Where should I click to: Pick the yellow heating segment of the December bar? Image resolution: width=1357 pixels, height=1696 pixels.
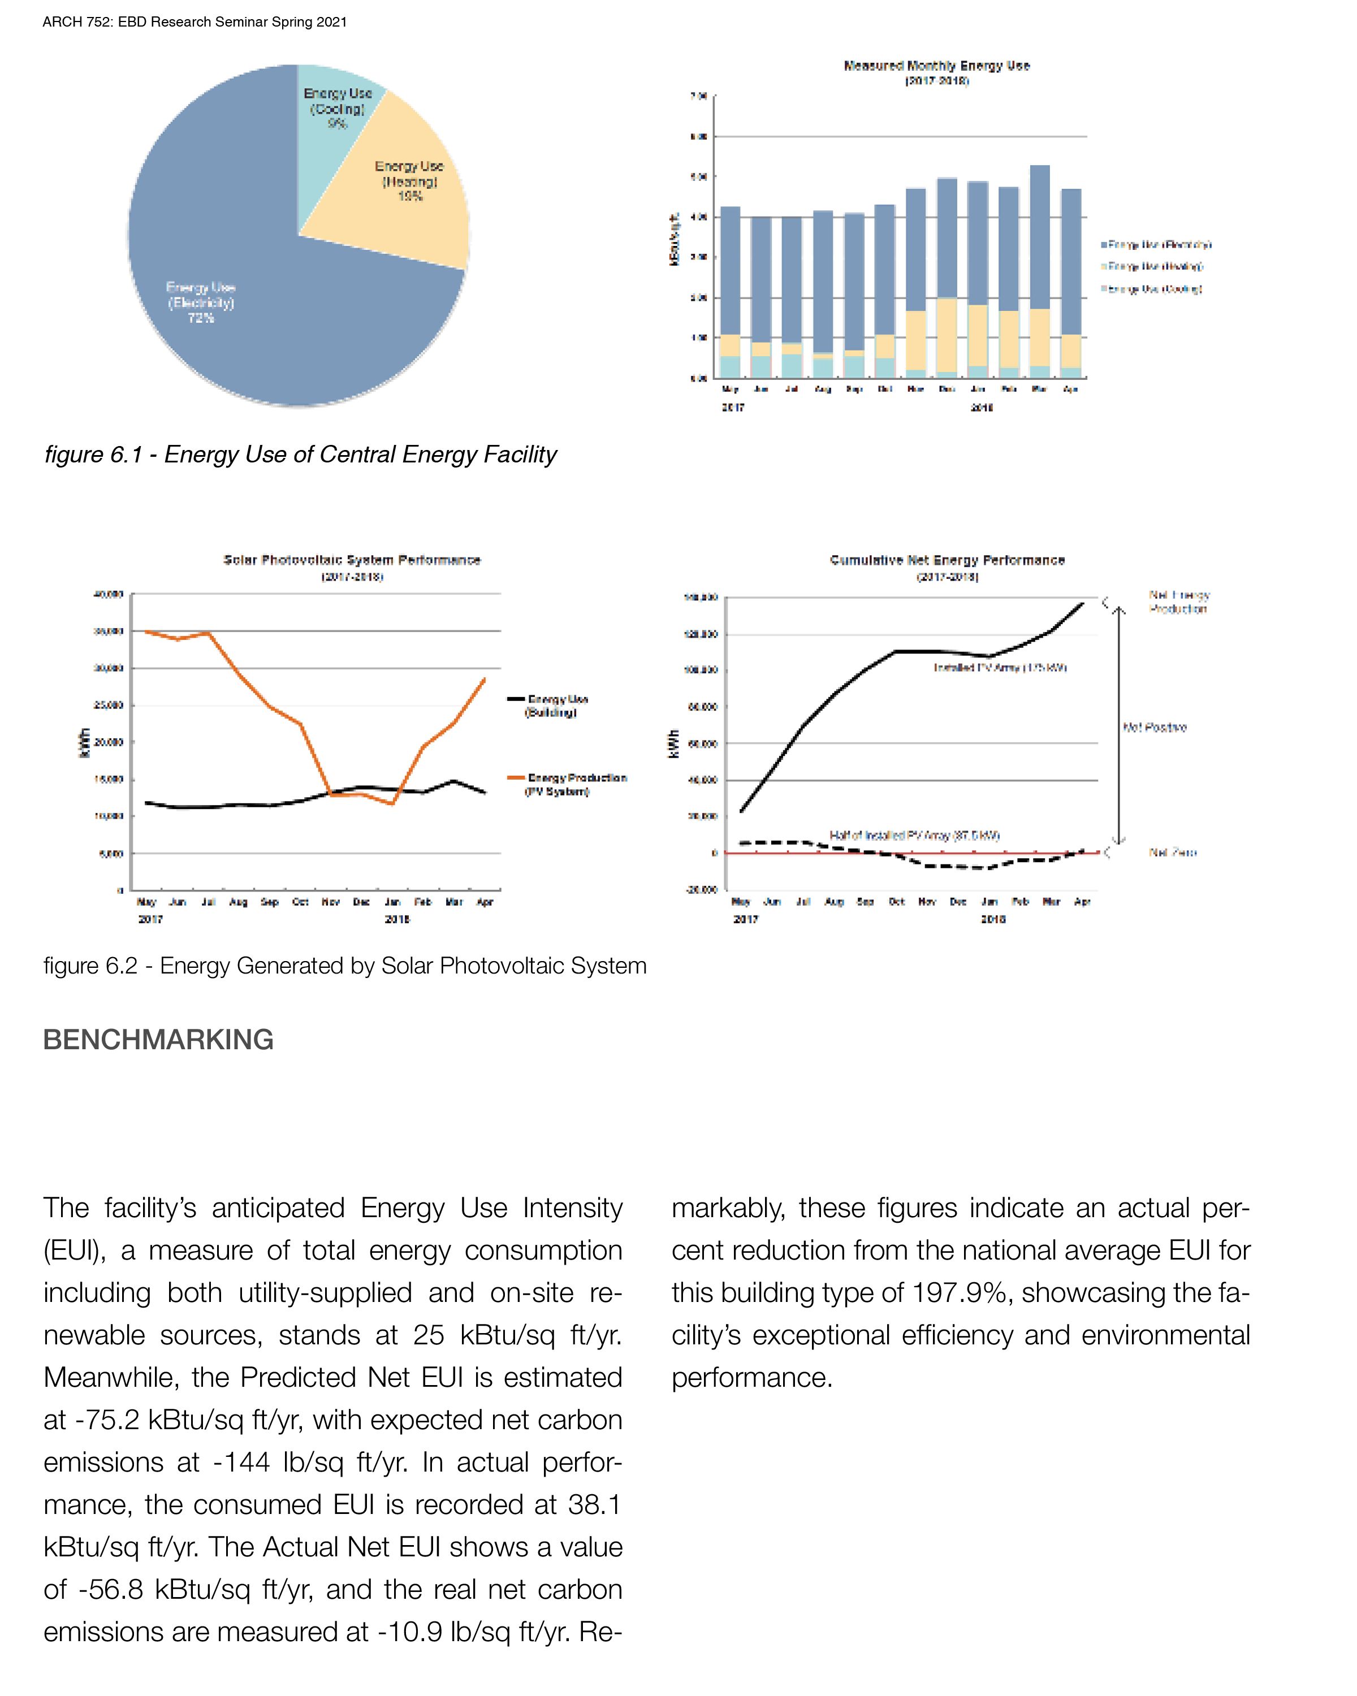tap(947, 334)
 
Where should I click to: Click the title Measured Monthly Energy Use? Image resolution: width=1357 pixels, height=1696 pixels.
tap(936, 66)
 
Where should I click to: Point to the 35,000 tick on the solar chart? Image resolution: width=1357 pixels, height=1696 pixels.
tap(109, 631)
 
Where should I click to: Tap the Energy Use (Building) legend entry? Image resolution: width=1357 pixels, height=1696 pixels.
tap(557, 705)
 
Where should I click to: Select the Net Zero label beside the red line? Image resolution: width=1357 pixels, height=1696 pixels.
tap(1172, 853)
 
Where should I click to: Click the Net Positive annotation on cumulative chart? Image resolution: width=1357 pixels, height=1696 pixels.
tap(1154, 728)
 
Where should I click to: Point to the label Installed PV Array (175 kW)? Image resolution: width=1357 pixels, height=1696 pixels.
tap(999, 668)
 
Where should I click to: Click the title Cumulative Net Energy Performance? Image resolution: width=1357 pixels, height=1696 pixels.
tap(947, 560)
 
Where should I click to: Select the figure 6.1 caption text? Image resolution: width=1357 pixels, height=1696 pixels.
tap(300, 455)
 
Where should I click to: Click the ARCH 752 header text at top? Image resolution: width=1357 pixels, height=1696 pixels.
tap(195, 22)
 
